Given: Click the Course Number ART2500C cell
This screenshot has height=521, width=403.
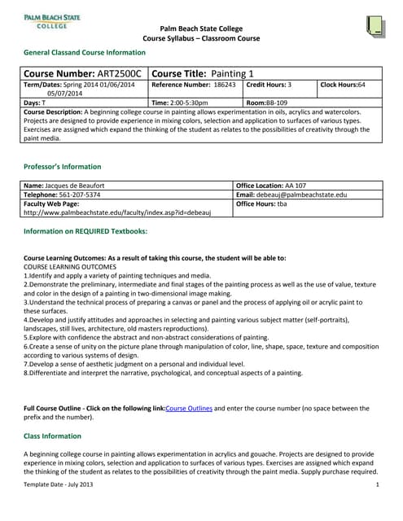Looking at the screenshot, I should (x=82, y=73).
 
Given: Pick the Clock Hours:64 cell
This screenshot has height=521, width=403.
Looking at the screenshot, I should (x=344, y=85).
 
